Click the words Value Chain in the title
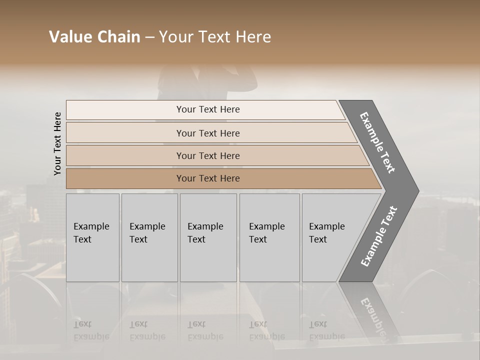(x=94, y=37)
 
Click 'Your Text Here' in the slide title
(x=215, y=37)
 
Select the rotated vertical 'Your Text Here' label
(x=57, y=143)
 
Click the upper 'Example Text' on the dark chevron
(x=377, y=142)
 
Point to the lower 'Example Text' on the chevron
(x=378, y=236)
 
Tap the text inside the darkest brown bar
(x=208, y=178)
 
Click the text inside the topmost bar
(x=208, y=109)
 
